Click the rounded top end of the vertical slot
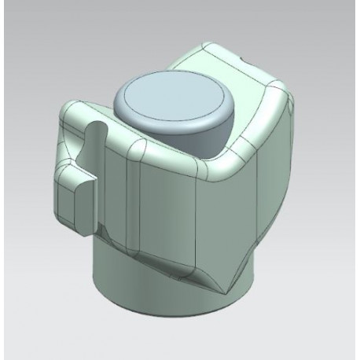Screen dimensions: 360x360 click(94, 128)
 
